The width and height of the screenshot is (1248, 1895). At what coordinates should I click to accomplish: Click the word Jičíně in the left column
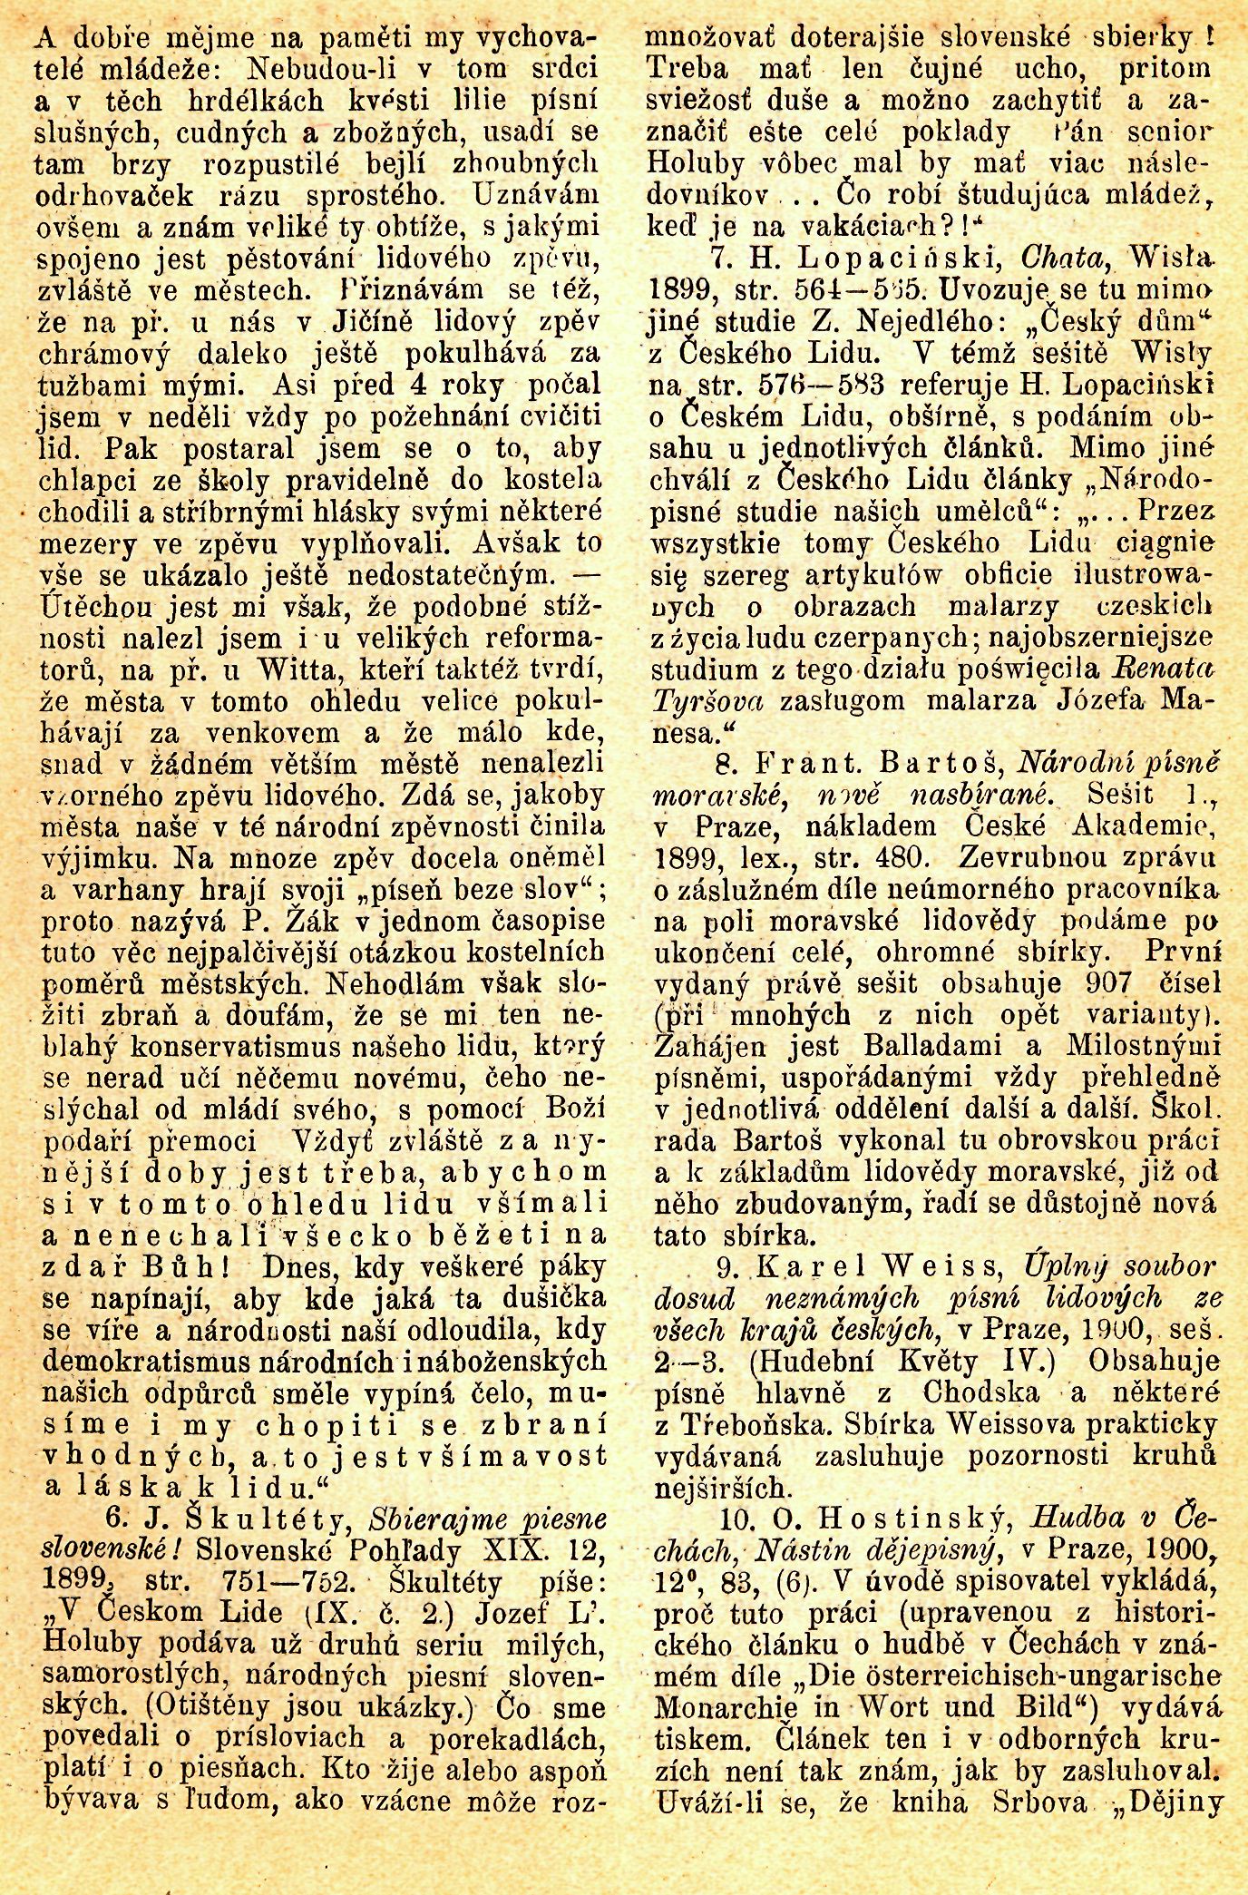358,322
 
